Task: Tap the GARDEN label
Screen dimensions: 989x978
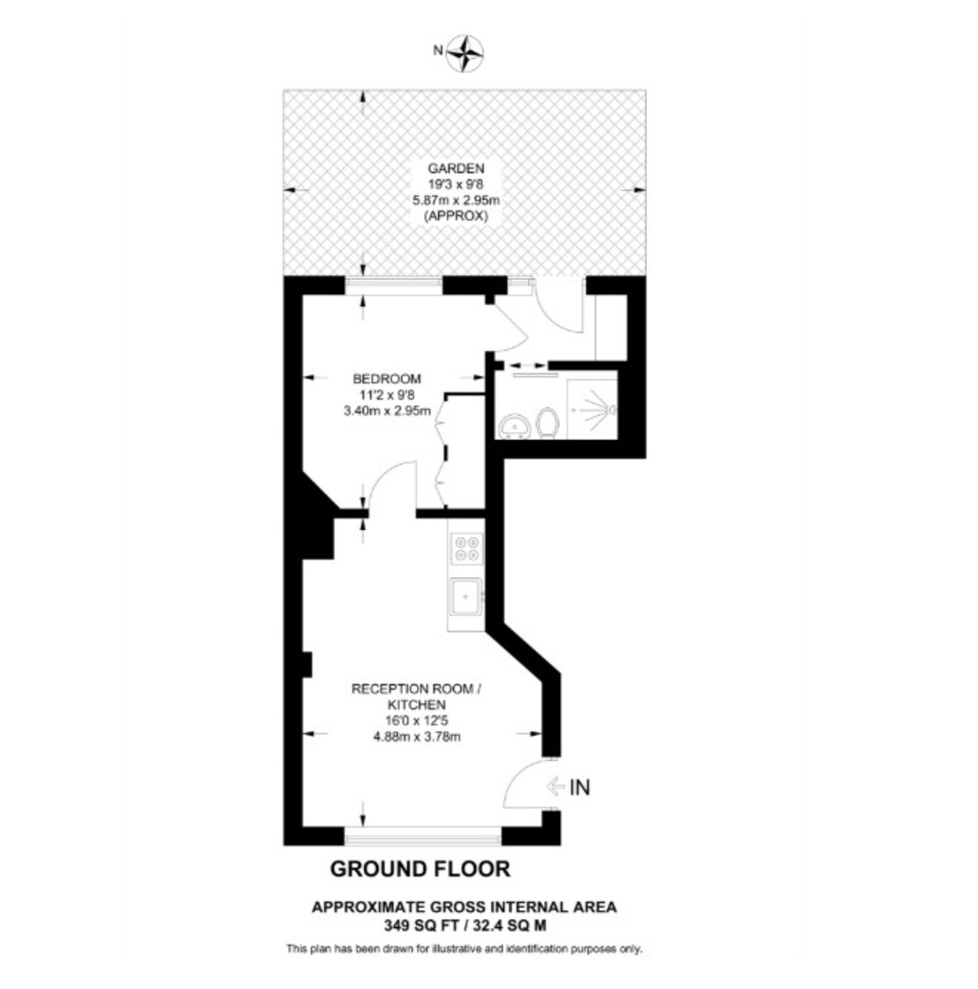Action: pos(461,167)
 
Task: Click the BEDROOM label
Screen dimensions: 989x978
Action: pos(386,379)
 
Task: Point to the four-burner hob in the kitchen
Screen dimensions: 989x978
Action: pos(466,549)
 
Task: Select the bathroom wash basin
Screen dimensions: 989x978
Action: pos(515,426)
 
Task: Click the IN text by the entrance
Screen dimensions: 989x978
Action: pos(580,788)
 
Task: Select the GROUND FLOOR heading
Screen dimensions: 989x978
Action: pos(419,868)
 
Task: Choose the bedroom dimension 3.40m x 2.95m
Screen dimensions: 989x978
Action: pos(387,412)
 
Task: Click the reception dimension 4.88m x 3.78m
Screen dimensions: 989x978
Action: pos(417,737)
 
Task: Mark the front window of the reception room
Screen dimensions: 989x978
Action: pos(423,837)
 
